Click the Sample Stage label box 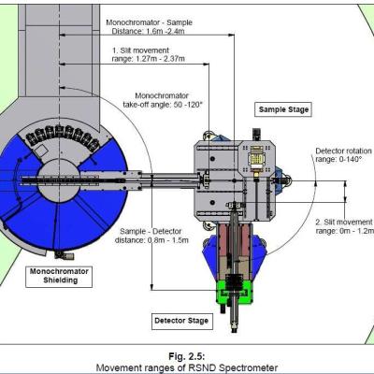283,109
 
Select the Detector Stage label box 182,321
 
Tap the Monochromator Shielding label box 59,276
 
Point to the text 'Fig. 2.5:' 186,356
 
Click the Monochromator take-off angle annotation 163,100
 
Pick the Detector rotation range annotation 344,155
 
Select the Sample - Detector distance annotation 151,236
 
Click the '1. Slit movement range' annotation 148,54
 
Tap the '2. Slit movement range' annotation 344,226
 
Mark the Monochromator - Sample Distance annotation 149,27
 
